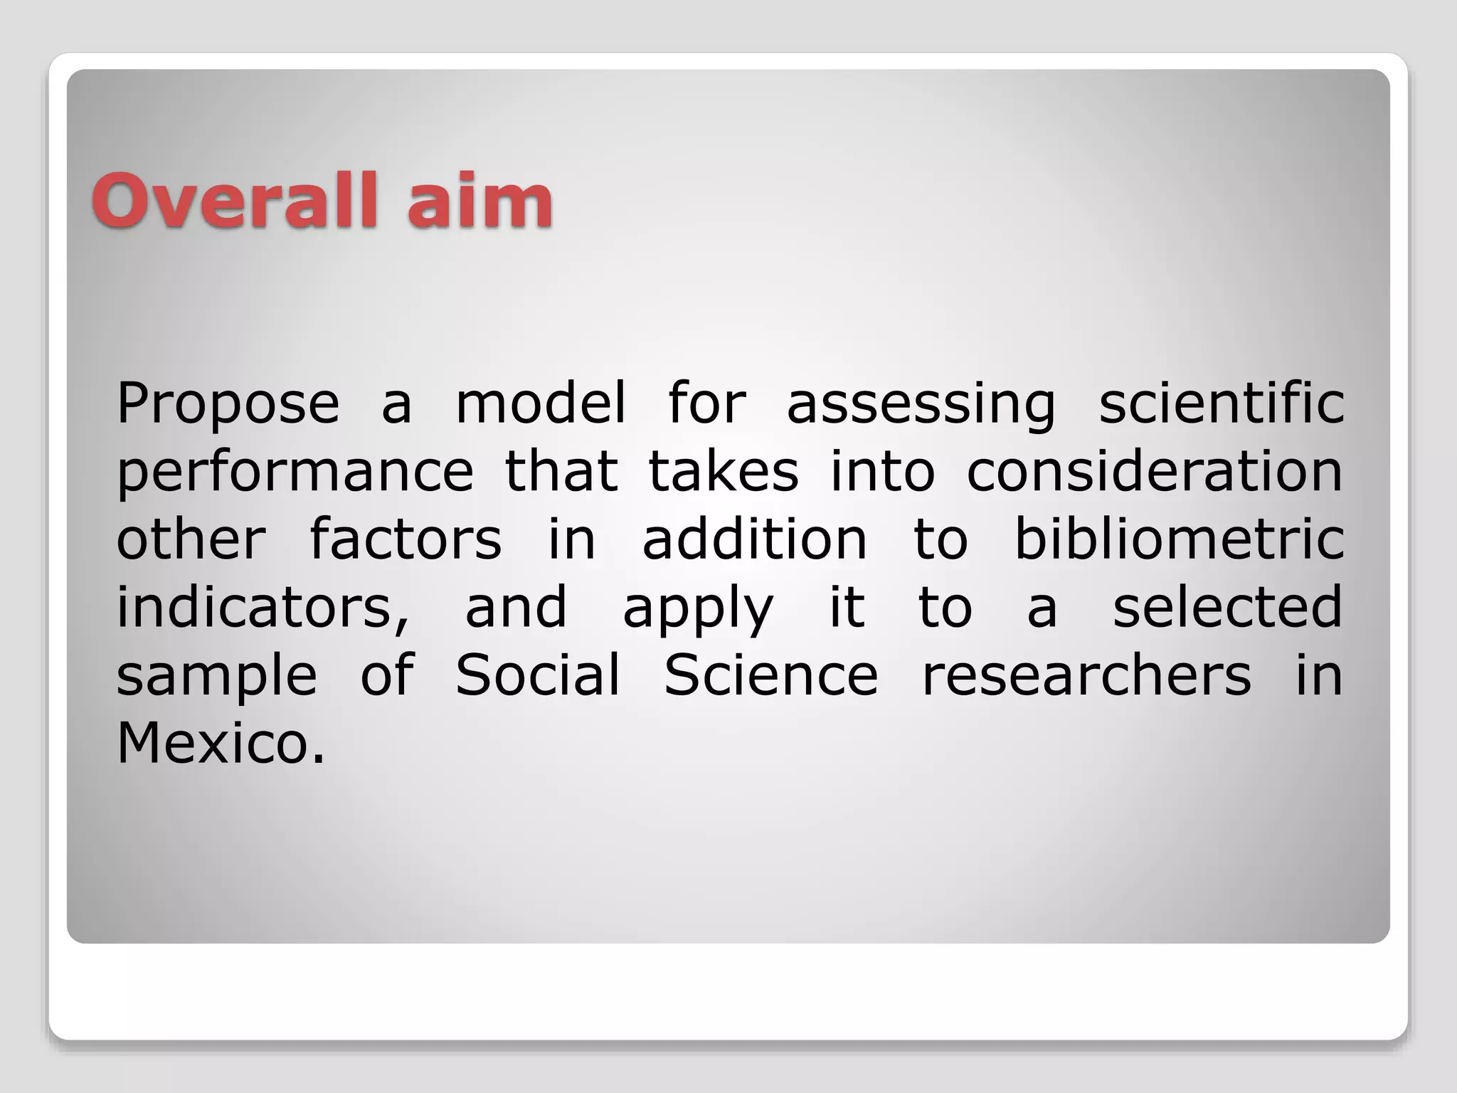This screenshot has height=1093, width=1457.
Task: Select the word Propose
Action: pyautogui.click(x=228, y=404)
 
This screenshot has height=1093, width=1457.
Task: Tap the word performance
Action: pyautogui.click(x=295, y=472)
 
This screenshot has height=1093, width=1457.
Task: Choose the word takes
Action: pyautogui.click(x=724, y=471)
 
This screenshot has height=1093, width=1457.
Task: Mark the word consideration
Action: pyautogui.click(x=1154, y=471)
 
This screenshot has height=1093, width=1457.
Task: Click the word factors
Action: pyautogui.click(x=406, y=539)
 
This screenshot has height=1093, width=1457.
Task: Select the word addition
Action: pyautogui.click(x=755, y=539)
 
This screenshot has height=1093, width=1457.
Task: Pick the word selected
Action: pyautogui.click(x=1227, y=606)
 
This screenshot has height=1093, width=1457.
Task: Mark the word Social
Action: pyautogui.click(x=537, y=675)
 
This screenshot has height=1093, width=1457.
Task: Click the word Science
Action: pyautogui.click(x=771, y=675)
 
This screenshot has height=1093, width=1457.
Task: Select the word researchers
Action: pyautogui.click(x=1086, y=675)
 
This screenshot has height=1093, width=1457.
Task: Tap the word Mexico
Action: pyautogui.click(x=221, y=743)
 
